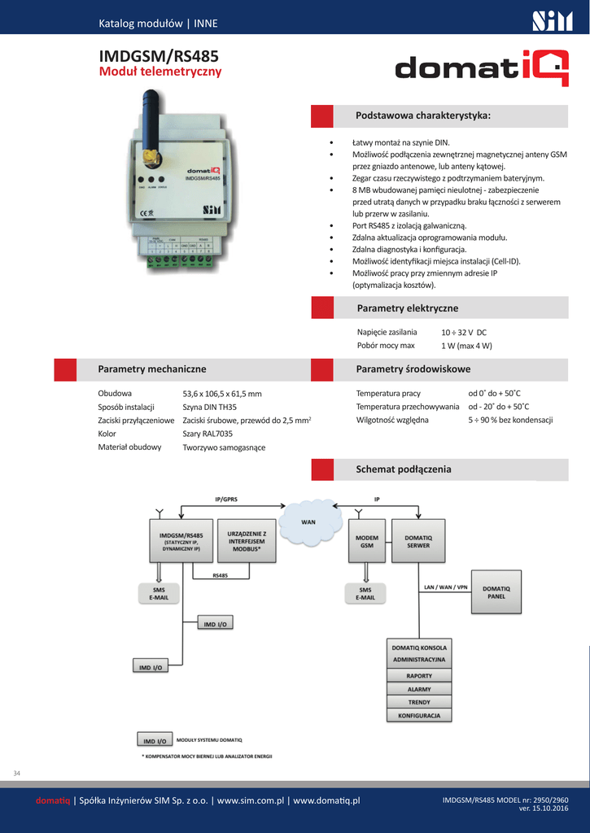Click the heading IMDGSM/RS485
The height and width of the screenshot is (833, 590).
tap(158, 56)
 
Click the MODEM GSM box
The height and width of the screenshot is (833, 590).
tap(367, 540)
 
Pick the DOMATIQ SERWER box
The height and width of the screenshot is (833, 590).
tap(418, 540)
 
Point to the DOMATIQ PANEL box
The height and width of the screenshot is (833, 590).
tap(496, 591)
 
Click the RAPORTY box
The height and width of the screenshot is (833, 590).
tap(419, 676)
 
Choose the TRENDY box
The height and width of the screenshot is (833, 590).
tap(419, 702)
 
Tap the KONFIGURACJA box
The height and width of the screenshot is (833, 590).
tap(419, 715)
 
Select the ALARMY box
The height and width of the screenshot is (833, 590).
tap(419, 689)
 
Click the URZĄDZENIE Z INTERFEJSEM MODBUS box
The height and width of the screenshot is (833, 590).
tap(247, 540)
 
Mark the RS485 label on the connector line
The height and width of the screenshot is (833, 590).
tap(220, 576)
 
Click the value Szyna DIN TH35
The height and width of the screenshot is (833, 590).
tap(209, 407)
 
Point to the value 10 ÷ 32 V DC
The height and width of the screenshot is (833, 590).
tap(464, 332)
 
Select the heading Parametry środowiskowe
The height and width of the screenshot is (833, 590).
tap(413, 369)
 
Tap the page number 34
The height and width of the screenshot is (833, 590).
tap(17, 772)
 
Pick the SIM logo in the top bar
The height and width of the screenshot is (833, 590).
tap(553, 20)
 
